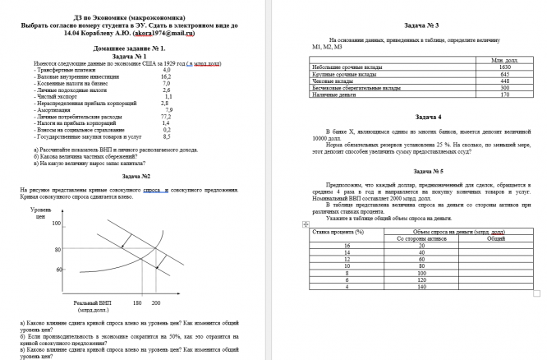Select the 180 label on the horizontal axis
[x=138, y=304]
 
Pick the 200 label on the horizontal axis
[x=160, y=304]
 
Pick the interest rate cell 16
[x=348, y=246]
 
